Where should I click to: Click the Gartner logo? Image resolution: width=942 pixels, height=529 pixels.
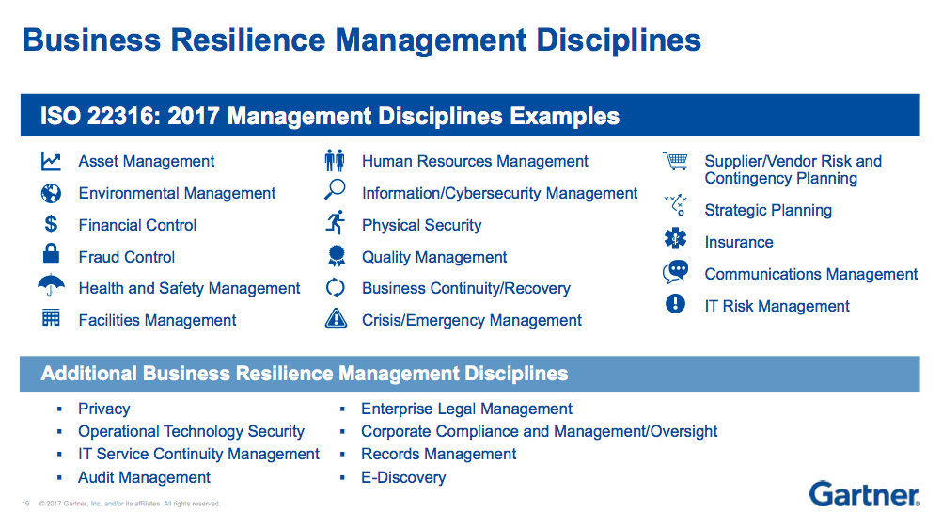(x=864, y=495)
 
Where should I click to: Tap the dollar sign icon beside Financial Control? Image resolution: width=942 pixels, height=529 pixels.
(x=51, y=224)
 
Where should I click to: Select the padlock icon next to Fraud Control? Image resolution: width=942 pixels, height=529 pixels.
(x=51, y=253)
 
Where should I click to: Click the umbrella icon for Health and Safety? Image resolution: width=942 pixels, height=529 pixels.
(x=51, y=284)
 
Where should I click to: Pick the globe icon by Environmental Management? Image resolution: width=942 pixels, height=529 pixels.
(x=51, y=193)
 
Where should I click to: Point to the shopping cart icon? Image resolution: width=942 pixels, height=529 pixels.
(x=675, y=161)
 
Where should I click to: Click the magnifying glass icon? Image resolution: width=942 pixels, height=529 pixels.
(x=335, y=189)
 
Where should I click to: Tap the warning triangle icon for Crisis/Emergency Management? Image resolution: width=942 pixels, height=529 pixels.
(x=336, y=318)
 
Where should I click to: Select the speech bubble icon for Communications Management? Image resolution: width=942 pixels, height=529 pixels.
(x=675, y=272)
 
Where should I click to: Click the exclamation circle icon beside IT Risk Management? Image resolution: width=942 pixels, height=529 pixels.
(x=675, y=303)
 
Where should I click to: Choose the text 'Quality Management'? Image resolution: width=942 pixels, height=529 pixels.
(x=434, y=258)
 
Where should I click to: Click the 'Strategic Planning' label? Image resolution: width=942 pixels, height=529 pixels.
(x=768, y=210)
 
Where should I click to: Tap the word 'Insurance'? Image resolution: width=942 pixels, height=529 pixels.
(x=739, y=243)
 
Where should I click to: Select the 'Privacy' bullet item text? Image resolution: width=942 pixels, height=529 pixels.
(x=104, y=409)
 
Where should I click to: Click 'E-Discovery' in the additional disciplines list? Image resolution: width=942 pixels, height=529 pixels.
(x=403, y=478)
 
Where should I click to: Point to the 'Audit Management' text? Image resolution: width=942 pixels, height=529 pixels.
(x=144, y=478)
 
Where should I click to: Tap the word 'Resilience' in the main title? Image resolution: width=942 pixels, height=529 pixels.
(x=247, y=40)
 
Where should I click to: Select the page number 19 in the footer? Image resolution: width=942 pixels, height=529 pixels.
(x=25, y=504)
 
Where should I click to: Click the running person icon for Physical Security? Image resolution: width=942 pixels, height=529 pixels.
(x=336, y=222)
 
